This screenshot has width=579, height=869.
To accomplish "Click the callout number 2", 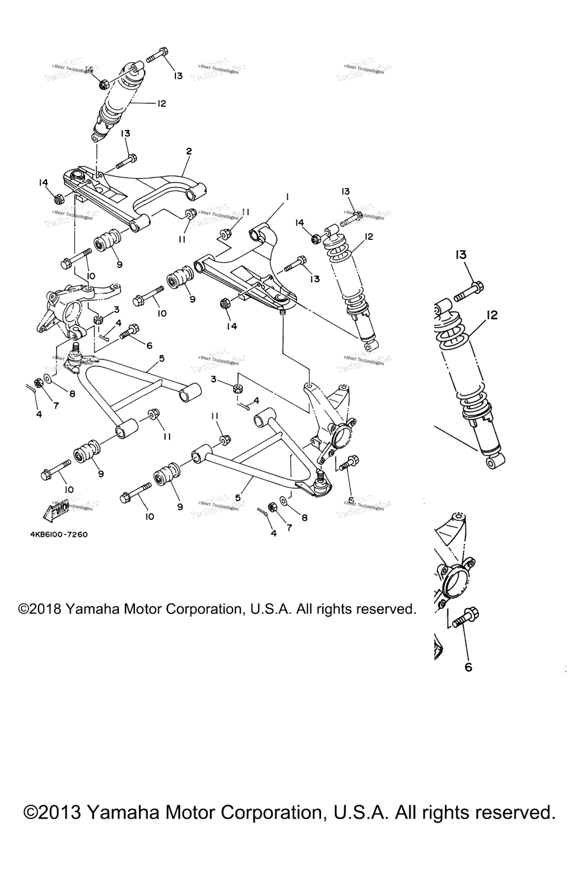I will (x=189, y=151).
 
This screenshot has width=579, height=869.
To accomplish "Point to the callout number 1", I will (x=287, y=197).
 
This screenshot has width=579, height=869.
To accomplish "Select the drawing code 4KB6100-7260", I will (x=55, y=534).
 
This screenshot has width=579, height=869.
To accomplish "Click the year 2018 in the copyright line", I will (x=45, y=609).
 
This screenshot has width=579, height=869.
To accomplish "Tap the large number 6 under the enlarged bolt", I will (x=468, y=667).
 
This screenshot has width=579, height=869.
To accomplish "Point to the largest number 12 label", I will (x=492, y=315).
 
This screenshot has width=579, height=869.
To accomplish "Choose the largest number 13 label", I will (x=461, y=255).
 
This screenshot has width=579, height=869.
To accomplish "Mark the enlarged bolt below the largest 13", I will (x=468, y=291).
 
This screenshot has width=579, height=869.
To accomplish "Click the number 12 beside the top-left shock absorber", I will (x=161, y=104).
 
